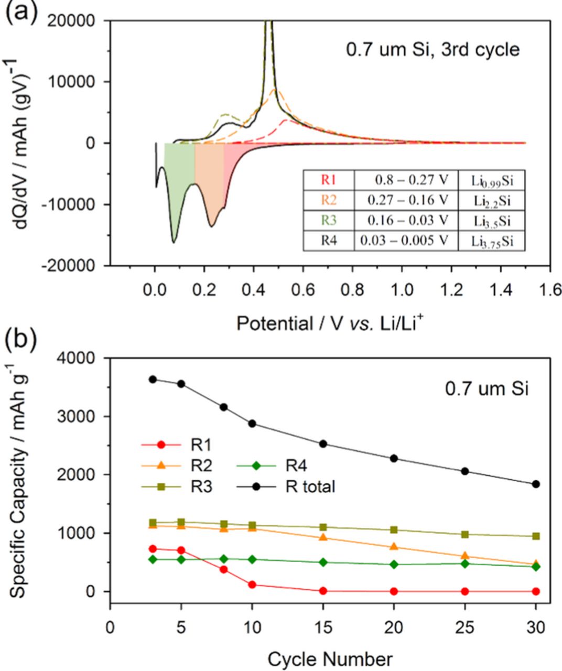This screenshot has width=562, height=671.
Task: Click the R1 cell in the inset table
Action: (x=329, y=180)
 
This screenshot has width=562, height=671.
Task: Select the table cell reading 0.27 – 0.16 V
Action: (x=406, y=200)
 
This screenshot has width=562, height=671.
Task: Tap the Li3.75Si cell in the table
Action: (x=491, y=241)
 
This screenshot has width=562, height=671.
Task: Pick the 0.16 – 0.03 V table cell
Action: (x=406, y=220)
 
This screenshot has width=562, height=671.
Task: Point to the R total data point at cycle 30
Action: (x=536, y=484)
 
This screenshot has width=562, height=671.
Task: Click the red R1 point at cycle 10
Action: (x=252, y=585)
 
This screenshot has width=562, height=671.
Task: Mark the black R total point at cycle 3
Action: (x=153, y=379)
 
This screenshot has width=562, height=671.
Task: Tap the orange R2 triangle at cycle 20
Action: (x=394, y=547)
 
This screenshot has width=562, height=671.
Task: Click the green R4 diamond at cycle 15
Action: (x=323, y=562)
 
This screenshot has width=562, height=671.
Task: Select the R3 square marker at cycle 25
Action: (x=465, y=534)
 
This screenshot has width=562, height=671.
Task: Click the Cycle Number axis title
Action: (x=330, y=658)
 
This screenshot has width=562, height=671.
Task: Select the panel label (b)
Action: (x=21, y=339)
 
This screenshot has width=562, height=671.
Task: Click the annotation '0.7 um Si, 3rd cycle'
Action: (x=433, y=49)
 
